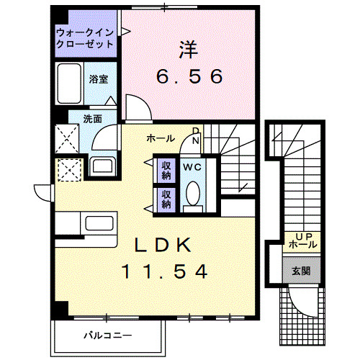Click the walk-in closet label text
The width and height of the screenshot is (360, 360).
85,37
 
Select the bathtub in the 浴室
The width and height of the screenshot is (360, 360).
71,83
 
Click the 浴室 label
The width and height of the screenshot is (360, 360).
98,78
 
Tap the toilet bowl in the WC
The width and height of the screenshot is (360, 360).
192,194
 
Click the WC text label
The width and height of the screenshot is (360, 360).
191,167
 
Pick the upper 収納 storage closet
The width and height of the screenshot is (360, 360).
166,170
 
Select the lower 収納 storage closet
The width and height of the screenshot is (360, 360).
166,198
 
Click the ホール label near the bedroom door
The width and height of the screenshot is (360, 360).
159,138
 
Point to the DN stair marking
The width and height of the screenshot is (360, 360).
195,135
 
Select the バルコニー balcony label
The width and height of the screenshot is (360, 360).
107,336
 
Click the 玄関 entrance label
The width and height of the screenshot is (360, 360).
301,271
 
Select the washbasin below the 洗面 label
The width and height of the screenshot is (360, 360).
102,165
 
